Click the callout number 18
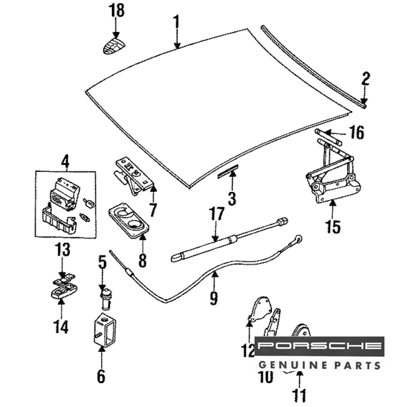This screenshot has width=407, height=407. tap(117, 11)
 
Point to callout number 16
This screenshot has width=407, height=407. tap(357, 133)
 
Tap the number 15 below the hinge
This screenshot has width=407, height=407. tap(333, 226)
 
